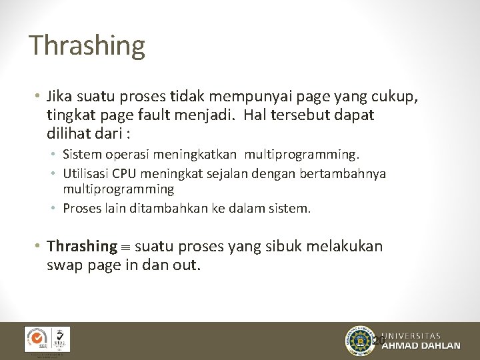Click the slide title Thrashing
87,45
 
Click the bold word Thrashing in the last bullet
82,246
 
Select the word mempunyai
260,97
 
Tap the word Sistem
80,155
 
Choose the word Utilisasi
86,173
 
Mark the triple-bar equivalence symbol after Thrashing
126,247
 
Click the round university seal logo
361,341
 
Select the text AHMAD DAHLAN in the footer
421,346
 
